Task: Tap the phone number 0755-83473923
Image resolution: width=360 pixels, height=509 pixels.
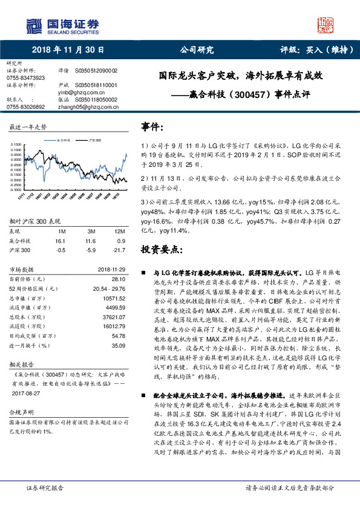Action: pos(26,78)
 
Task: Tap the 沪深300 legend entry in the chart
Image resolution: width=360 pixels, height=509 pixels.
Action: pos(93,140)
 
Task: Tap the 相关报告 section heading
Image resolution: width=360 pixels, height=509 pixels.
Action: pos(20,366)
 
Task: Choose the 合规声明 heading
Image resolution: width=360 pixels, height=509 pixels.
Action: pos(20,412)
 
